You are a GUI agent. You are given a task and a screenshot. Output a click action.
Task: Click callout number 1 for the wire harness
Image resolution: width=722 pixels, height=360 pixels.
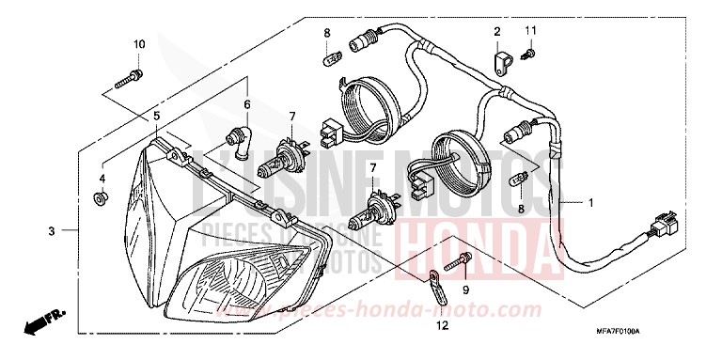click(591, 202)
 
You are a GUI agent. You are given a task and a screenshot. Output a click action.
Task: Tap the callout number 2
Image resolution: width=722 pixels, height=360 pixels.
click(495, 32)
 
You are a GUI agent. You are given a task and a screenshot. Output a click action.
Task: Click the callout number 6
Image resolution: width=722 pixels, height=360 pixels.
click(247, 103)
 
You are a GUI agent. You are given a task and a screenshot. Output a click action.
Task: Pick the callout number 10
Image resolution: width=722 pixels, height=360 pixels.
click(138, 44)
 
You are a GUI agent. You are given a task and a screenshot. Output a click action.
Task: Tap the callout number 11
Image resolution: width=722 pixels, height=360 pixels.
click(530, 32)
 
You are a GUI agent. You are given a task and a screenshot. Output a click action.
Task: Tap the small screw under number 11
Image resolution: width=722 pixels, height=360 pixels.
click(529, 55)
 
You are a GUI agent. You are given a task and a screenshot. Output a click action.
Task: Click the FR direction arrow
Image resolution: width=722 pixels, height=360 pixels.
click(39, 323)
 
